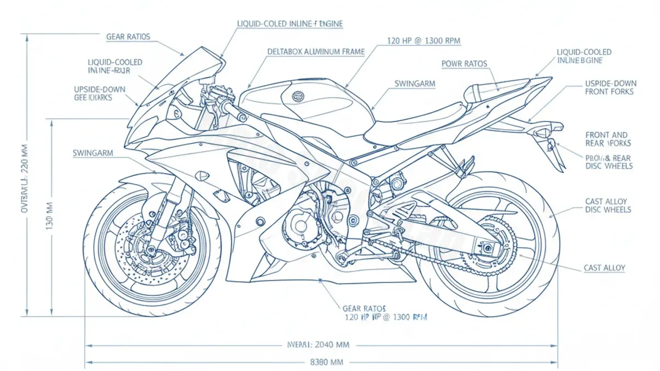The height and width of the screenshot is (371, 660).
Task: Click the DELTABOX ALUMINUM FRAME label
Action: click(x=316, y=52)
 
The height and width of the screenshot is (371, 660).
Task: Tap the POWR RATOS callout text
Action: click(x=464, y=64)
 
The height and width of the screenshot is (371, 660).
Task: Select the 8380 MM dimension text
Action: click(x=327, y=362)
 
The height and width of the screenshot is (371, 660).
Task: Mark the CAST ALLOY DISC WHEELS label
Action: click(x=608, y=206)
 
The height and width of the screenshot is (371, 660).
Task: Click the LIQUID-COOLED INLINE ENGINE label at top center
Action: click(x=290, y=24)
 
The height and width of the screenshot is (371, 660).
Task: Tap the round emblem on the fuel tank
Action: click(x=298, y=96)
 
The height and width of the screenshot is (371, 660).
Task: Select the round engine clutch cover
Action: click(x=300, y=225)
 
